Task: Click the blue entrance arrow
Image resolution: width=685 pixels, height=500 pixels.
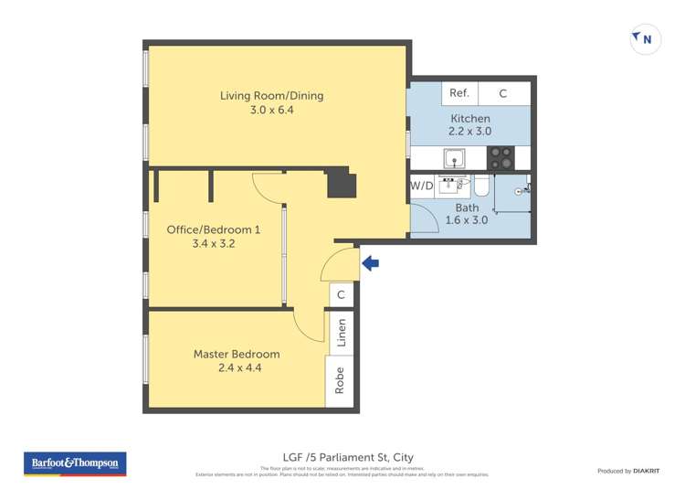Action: coord(371,264)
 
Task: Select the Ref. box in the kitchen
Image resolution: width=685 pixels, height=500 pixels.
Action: coord(458,93)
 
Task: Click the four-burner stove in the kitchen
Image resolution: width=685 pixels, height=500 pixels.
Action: coord(500,158)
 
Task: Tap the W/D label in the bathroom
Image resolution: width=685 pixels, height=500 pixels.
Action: coord(421,186)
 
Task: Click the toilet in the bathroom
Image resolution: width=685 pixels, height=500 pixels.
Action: coord(481,187)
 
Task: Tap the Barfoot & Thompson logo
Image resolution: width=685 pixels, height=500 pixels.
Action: coord(75,463)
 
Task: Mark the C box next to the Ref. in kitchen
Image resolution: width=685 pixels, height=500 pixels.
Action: coord(502,93)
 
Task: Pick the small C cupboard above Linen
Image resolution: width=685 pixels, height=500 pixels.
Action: coord(341,294)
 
